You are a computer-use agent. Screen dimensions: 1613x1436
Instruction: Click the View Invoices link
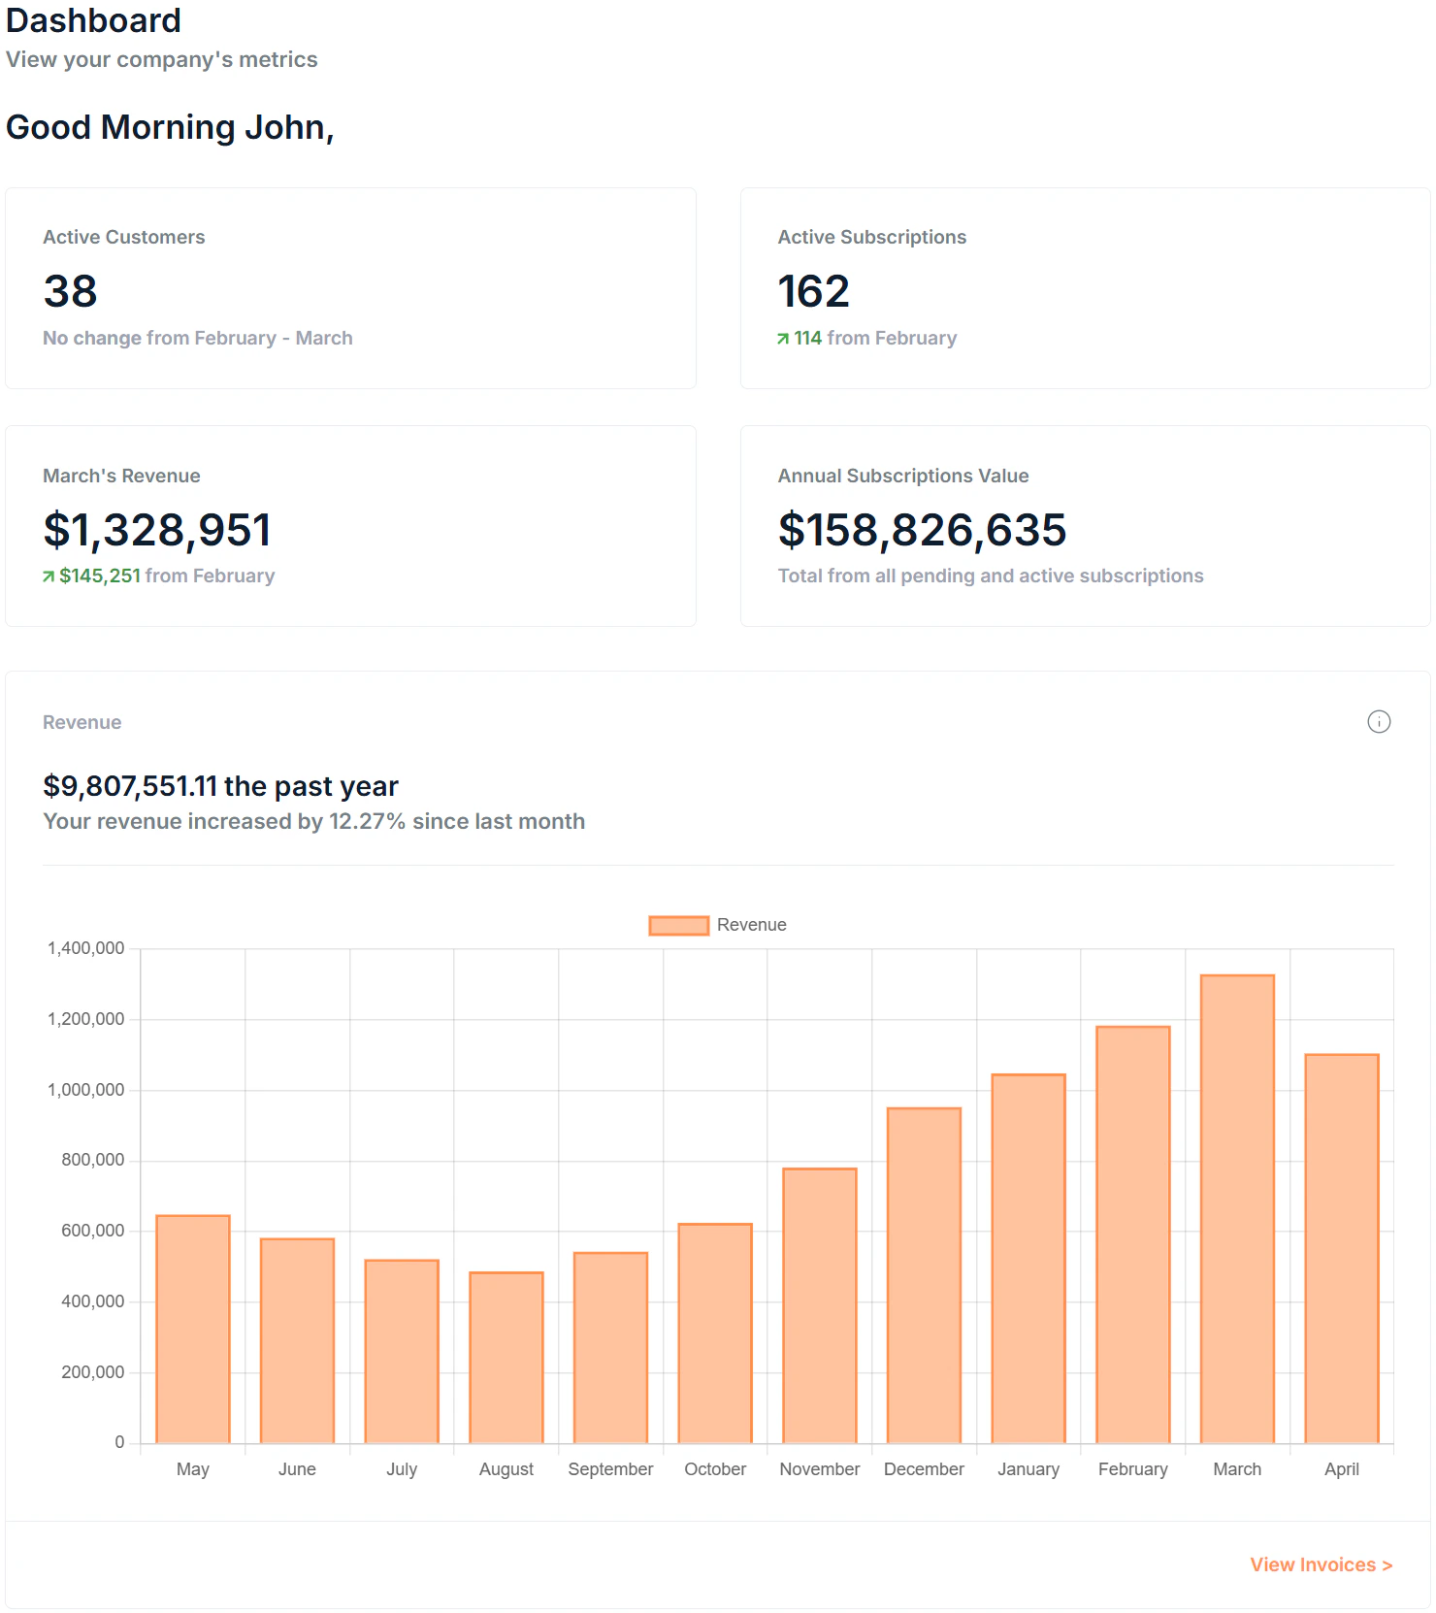click(x=1320, y=1564)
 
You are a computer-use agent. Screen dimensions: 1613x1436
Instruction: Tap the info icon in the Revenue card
click(x=1378, y=721)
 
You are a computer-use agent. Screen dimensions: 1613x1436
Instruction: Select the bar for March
click(x=1237, y=1208)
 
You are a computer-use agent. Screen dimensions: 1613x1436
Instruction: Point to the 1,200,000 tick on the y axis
click(x=86, y=1019)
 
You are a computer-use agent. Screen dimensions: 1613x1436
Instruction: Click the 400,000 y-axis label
click(x=93, y=1301)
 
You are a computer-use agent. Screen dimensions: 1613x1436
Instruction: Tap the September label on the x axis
click(x=610, y=1469)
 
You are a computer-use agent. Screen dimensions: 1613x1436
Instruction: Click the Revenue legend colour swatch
click(x=678, y=925)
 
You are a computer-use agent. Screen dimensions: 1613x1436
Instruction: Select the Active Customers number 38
click(x=70, y=291)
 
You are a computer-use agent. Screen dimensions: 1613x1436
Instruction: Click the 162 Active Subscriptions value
click(x=813, y=291)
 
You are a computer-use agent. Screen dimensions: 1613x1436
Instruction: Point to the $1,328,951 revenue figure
click(x=157, y=530)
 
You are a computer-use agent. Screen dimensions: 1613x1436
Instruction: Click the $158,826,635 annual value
click(x=922, y=530)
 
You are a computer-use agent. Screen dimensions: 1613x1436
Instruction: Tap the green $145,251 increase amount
click(x=100, y=576)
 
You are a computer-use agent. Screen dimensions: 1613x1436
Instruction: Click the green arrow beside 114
click(x=783, y=339)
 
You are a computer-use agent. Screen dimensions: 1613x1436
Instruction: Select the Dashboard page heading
click(x=93, y=19)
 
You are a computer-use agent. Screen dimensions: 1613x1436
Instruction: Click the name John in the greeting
click(x=287, y=127)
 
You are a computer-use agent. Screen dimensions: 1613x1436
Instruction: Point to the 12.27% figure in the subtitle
click(x=367, y=821)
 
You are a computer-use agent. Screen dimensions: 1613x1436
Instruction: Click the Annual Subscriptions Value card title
click(x=902, y=476)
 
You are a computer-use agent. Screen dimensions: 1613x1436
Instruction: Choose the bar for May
click(x=192, y=1329)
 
